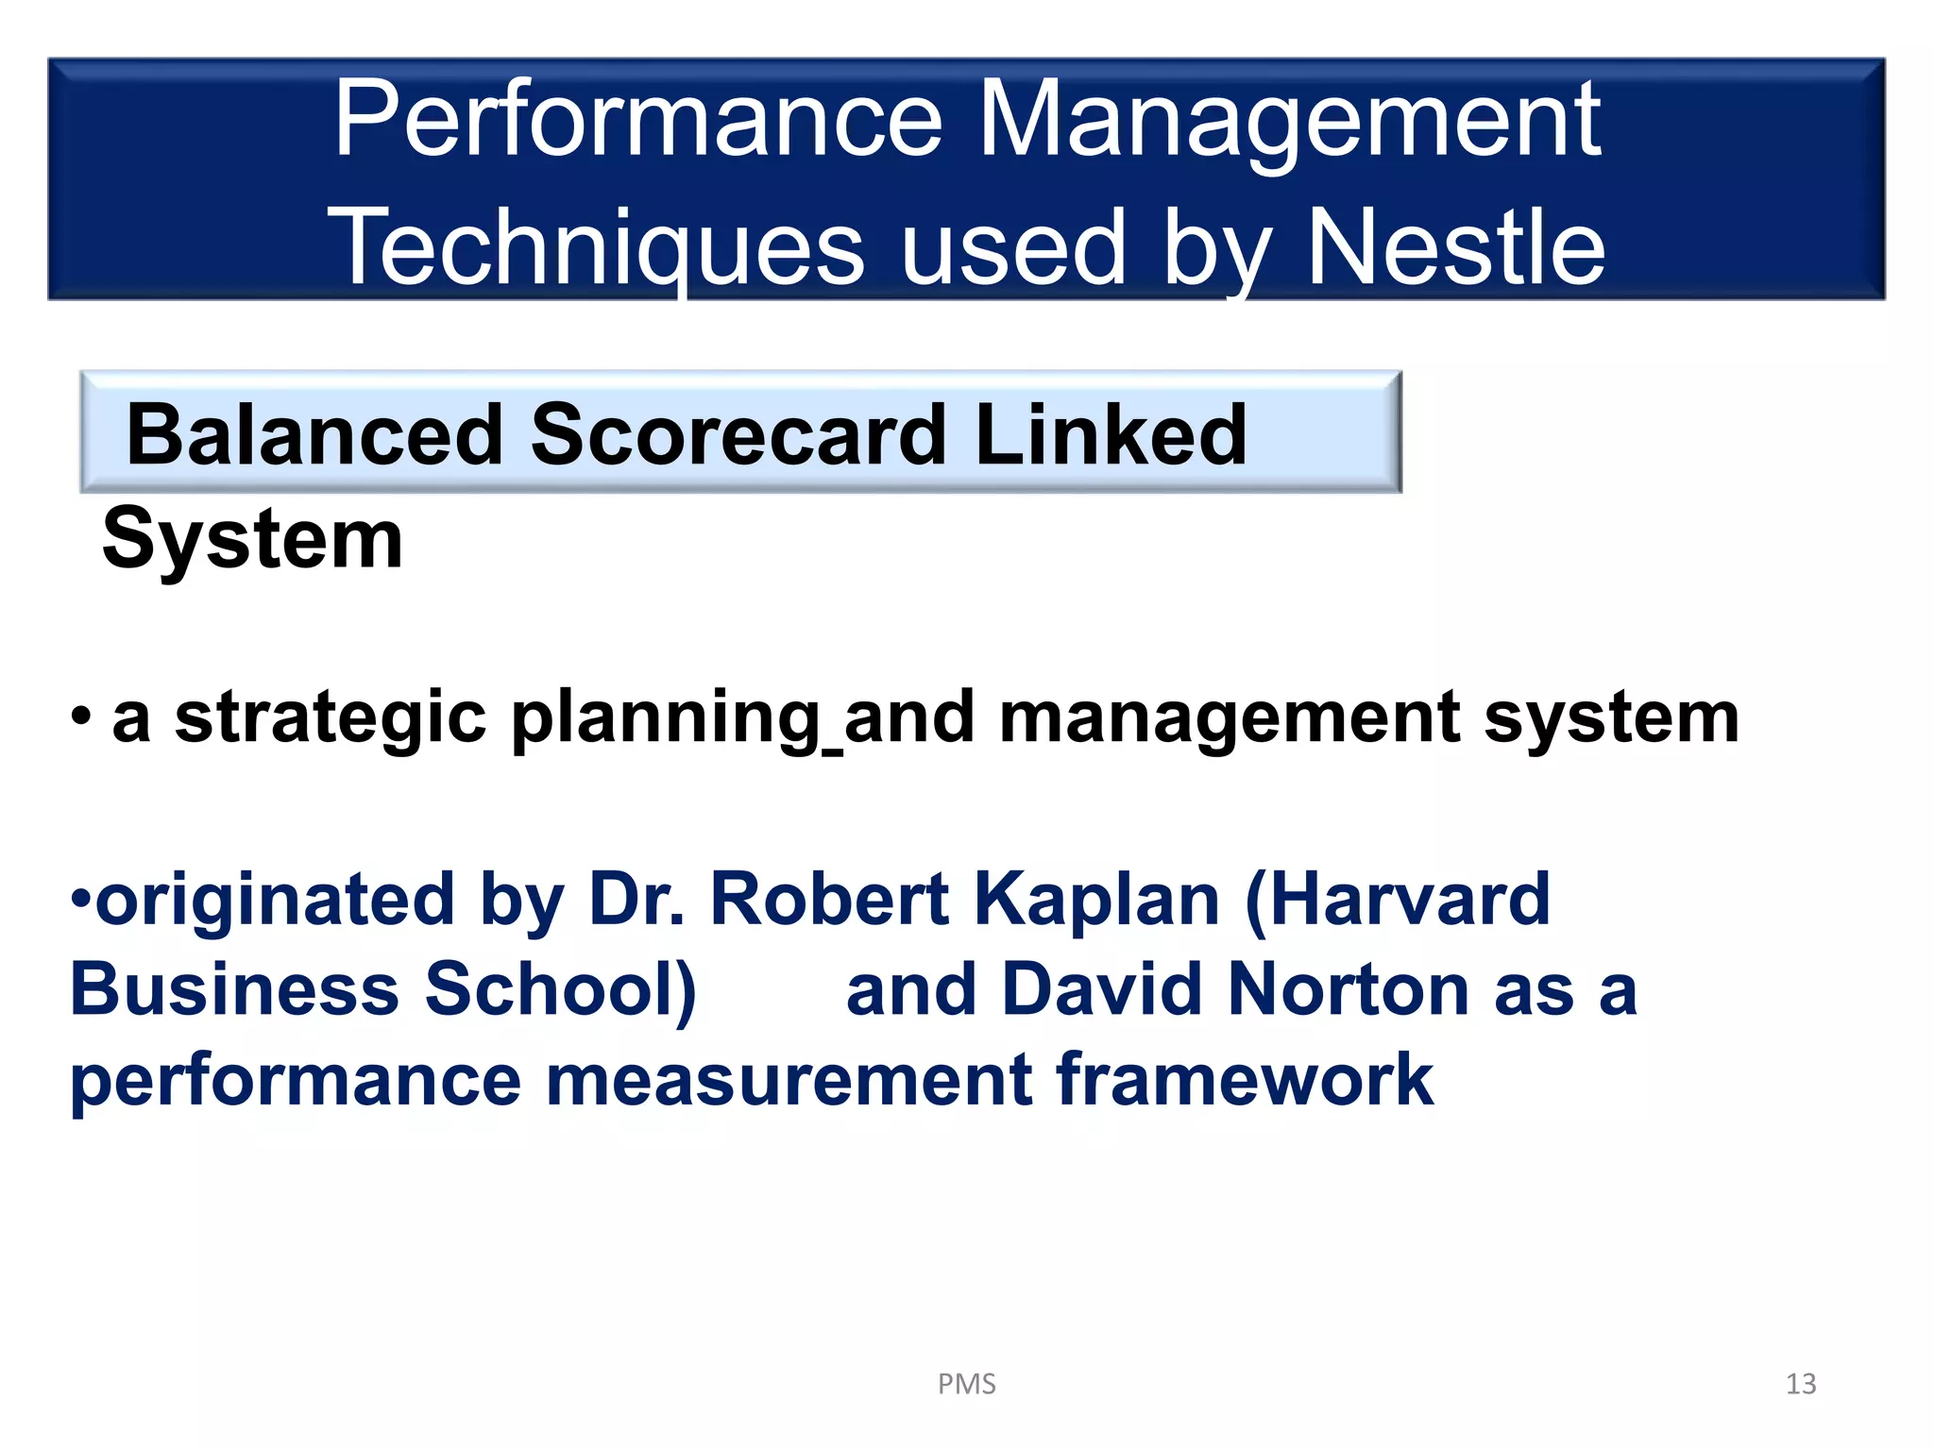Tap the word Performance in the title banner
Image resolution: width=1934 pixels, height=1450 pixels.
tap(638, 120)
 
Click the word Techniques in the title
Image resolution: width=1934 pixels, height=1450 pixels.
tap(595, 248)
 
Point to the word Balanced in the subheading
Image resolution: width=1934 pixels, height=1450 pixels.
tap(314, 435)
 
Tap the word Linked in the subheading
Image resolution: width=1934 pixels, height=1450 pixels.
tap(1111, 435)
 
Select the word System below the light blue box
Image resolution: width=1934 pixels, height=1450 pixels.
tap(252, 539)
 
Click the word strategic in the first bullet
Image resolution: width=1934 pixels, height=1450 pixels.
tap(330, 718)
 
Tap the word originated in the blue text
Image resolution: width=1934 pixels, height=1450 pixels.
tap(275, 900)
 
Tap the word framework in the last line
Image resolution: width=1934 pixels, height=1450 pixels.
tap(1244, 1080)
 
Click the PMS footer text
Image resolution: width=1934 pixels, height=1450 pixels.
tap(966, 1384)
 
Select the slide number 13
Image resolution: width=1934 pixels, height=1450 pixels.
tap(1800, 1384)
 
